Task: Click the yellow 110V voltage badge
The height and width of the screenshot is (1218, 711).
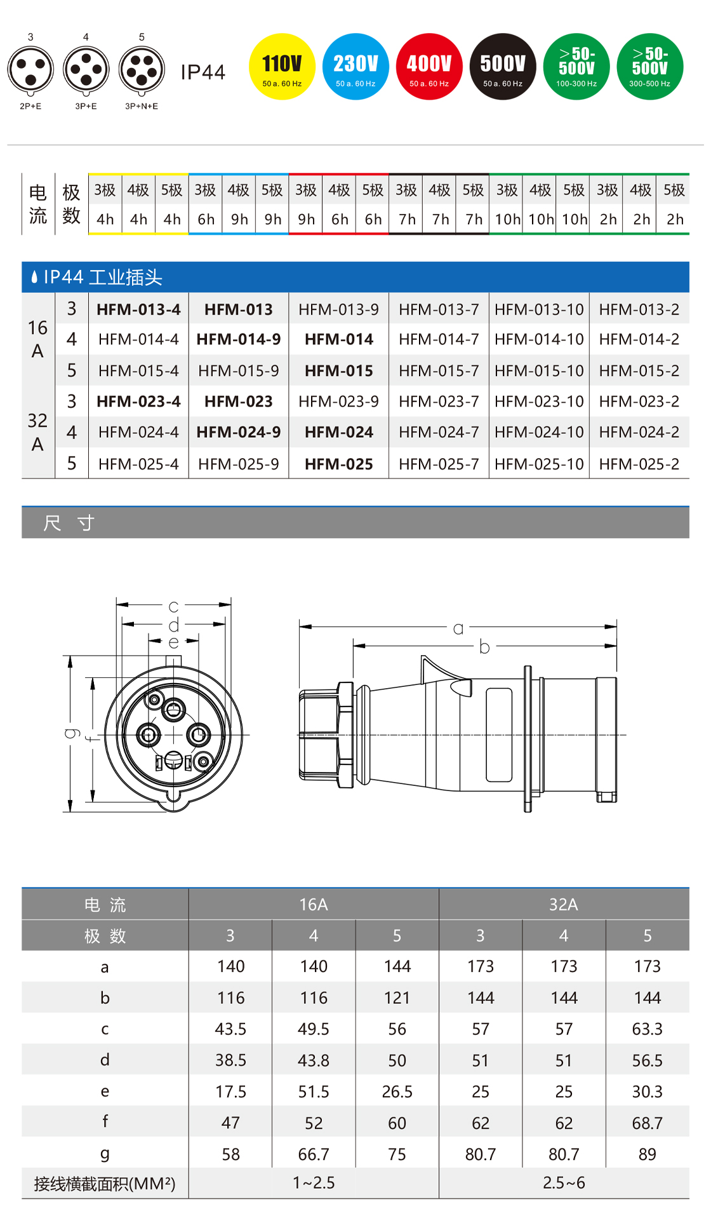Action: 282,67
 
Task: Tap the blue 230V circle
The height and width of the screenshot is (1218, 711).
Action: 355,67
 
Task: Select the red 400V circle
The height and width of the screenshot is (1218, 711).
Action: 429,67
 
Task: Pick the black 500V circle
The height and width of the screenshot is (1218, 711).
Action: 503,67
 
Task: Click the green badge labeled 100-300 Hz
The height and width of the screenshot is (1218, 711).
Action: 576,67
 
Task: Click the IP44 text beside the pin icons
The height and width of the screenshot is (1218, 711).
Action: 203,72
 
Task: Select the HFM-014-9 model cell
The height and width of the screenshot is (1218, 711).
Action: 239,339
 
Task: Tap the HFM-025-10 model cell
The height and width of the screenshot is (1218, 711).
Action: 539,464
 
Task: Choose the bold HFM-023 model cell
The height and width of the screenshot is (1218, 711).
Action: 239,402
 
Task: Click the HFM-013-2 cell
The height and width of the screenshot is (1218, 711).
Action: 639,309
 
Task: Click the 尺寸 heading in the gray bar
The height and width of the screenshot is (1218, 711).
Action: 69,523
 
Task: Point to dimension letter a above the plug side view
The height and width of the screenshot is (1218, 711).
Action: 458,628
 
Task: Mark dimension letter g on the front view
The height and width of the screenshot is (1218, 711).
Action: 72,733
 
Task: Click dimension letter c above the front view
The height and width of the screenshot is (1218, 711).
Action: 173,606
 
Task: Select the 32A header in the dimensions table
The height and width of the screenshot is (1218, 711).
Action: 563,904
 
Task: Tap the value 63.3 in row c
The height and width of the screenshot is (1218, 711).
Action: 647,1029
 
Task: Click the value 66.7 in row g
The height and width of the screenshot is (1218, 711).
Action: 314,1154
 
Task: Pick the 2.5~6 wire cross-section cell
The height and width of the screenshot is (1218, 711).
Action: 563,1182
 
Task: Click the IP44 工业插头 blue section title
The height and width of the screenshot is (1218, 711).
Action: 102,277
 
